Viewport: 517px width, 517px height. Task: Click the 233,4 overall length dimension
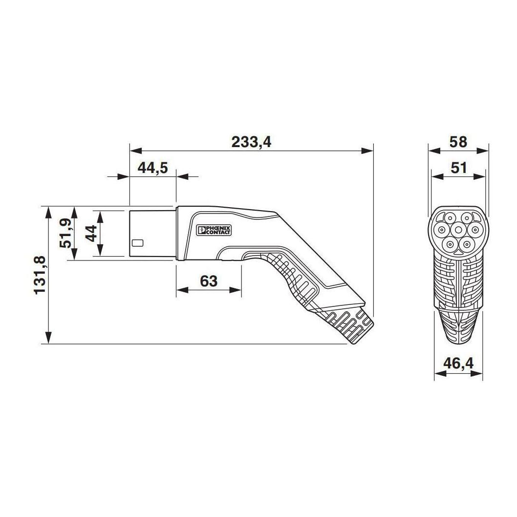[x=251, y=142]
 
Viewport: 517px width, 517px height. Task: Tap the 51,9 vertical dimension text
[x=65, y=233]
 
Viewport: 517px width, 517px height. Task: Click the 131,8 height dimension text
[x=40, y=275]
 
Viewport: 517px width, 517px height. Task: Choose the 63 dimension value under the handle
[x=208, y=281]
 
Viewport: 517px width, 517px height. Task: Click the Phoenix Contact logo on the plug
[x=213, y=231]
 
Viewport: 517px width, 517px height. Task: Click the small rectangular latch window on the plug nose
[x=138, y=242]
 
